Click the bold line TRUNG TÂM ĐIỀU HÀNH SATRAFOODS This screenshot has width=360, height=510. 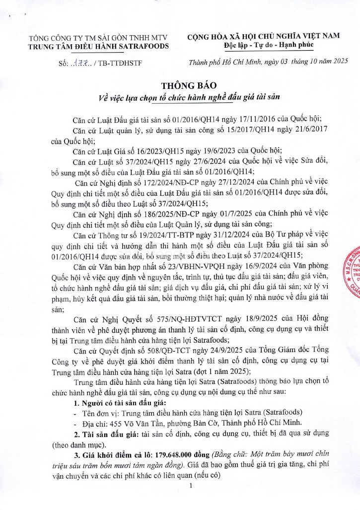[x=98, y=46]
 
